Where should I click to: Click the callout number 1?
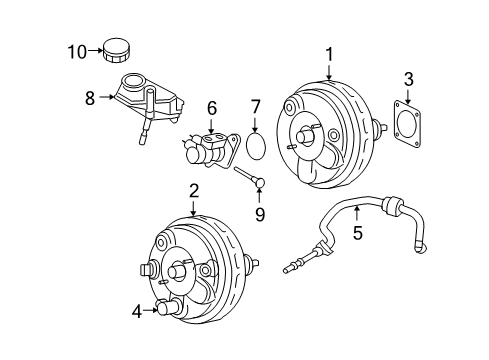click(329, 53)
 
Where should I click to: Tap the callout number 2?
click(193, 189)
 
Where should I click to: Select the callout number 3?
click(407, 79)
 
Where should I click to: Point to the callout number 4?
click(137, 310)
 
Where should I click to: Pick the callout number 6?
click(211, 108)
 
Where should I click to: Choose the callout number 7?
click(256, 107)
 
